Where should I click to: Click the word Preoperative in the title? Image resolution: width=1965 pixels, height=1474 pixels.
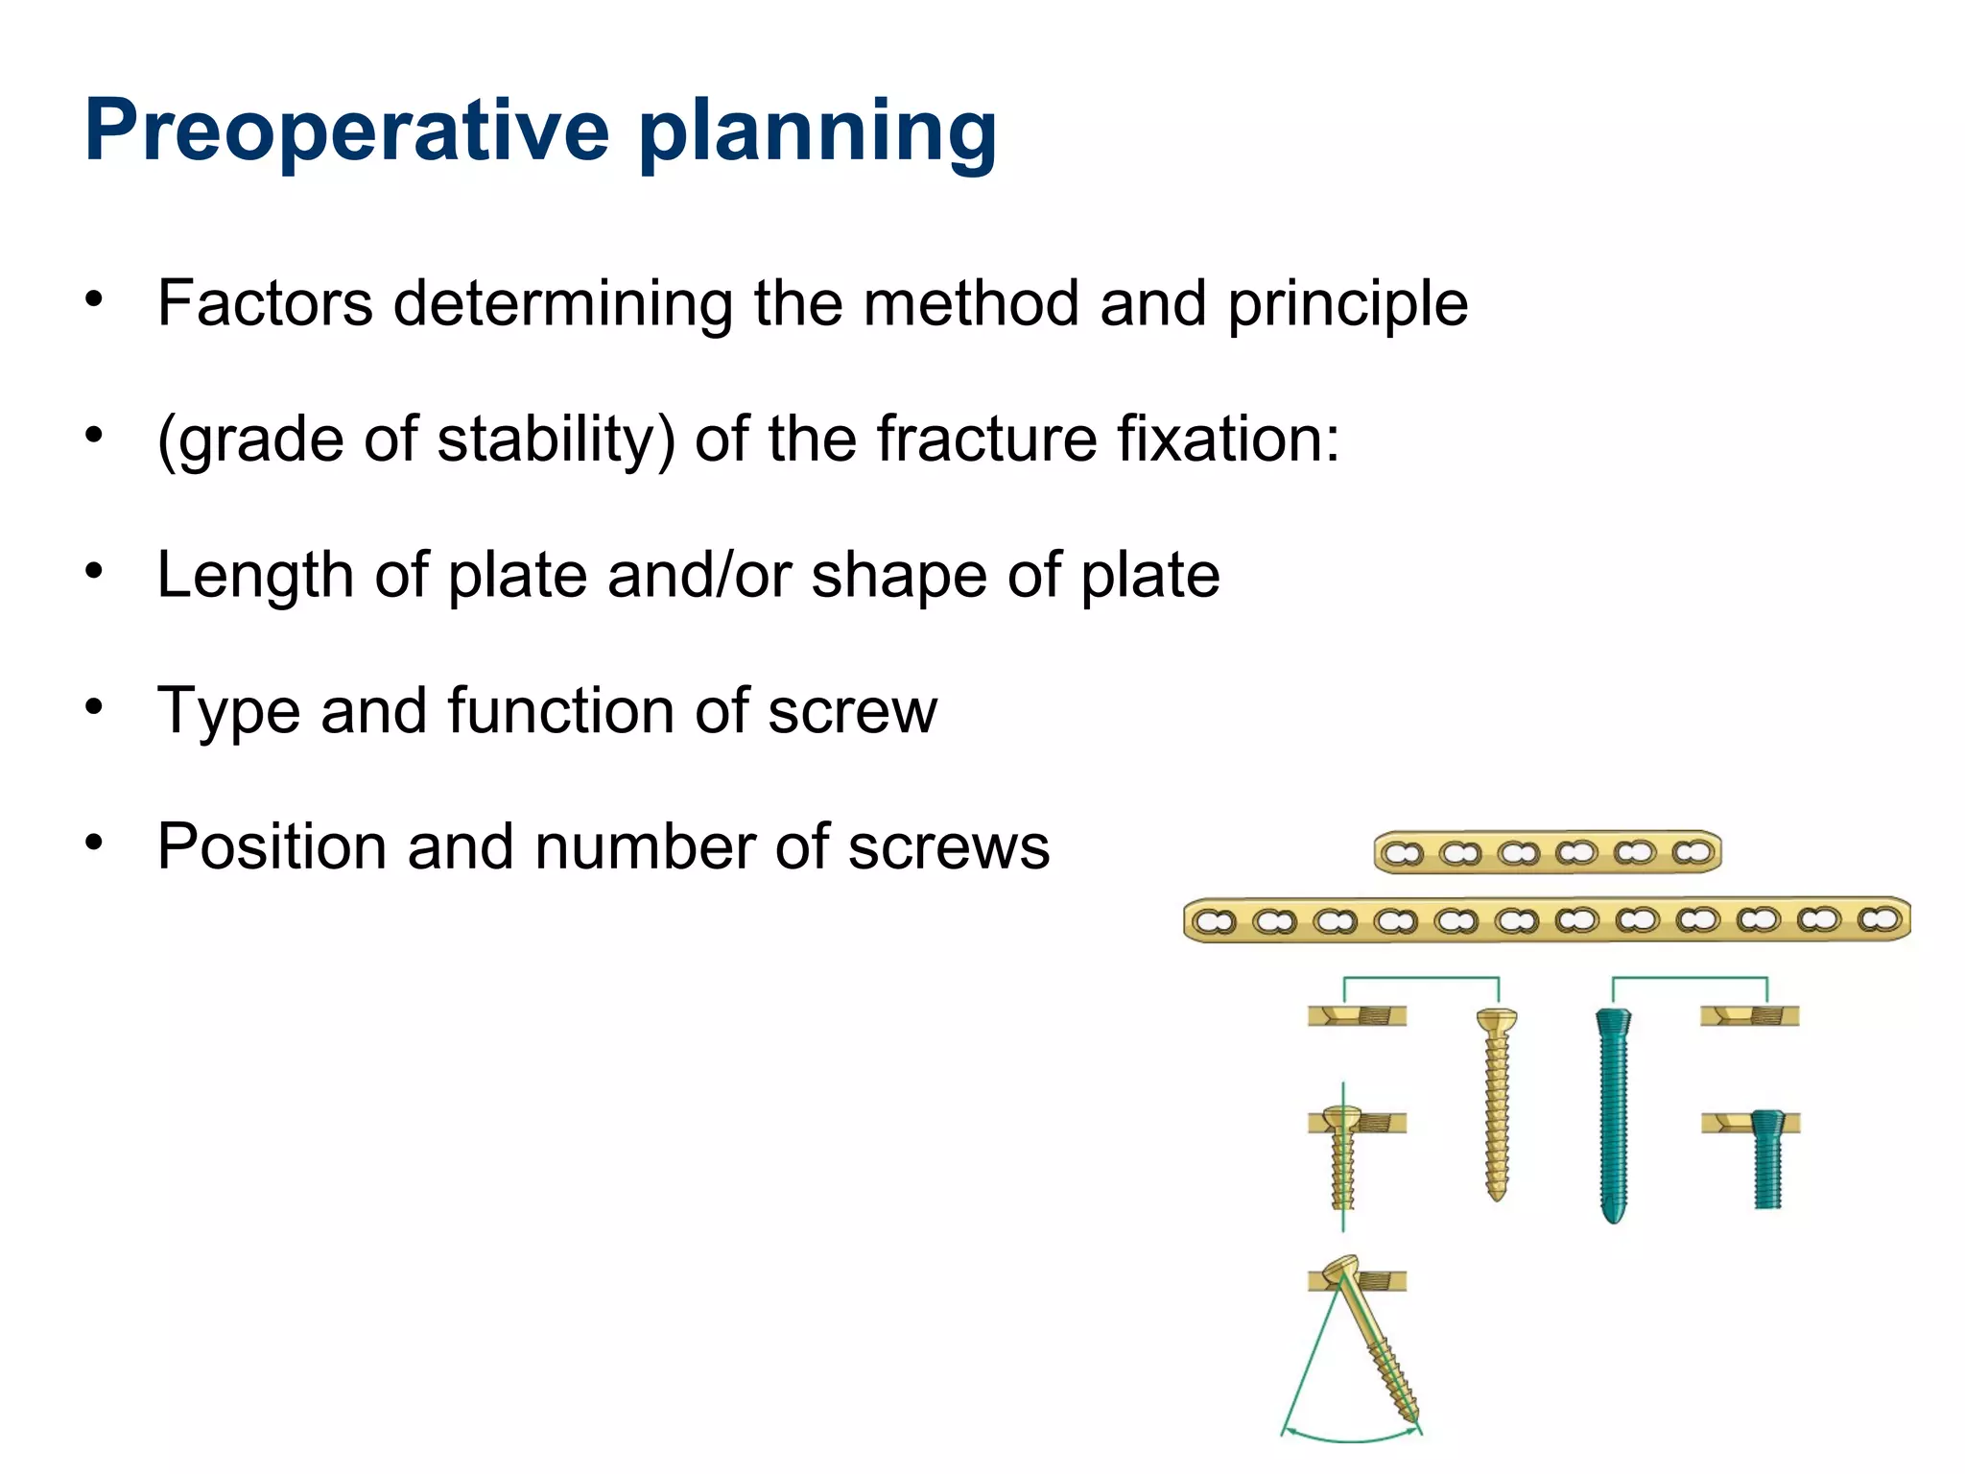pyautogui.click(x=346, y=132)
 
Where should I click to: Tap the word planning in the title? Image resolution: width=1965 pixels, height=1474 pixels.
pyautogui.click(x=817, y=132)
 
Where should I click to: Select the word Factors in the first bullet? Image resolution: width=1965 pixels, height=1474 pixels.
pyautogui.click(x=265, y=303)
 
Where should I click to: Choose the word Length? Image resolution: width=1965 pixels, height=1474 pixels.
pyautogui.click(x=255, y=575)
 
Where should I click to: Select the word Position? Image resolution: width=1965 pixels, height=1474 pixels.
pyautogui.click(x=272, y=847)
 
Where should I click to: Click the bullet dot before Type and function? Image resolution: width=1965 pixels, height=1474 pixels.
pyautogui.click(x=93, y=708)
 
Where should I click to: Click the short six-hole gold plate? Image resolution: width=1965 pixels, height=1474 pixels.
pyautogui.click(x=1547, y=852)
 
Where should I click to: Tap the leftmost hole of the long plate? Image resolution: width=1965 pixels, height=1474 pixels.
pyautogui.click(x=1214, y=921)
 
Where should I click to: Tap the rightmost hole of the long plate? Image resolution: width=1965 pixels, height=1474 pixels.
pyautogui.click(x=1879, y=919)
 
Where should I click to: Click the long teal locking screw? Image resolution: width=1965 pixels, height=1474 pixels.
pyautogui.click(x=1614, y=1113)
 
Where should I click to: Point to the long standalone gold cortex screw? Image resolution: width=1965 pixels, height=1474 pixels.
pyautogui.click(x=1496, y=1104)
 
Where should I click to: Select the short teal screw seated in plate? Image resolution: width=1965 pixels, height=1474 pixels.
pyautogui.click(x=1765, y=1156)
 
